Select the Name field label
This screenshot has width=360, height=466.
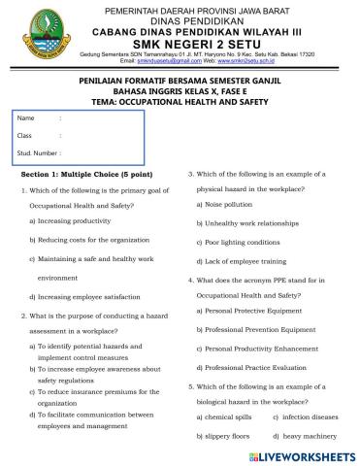click(26, 118)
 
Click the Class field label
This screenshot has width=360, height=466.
click(25, 135)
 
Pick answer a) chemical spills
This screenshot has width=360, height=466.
click(227, 416)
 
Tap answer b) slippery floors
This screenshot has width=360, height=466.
click(226, 437)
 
